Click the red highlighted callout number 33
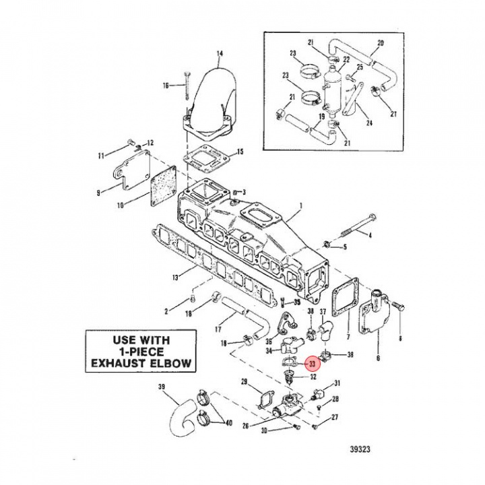click(312, 363)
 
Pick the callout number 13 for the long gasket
click(174, 277)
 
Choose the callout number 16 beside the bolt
click(165, 86)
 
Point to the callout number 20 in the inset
click(380, 42)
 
